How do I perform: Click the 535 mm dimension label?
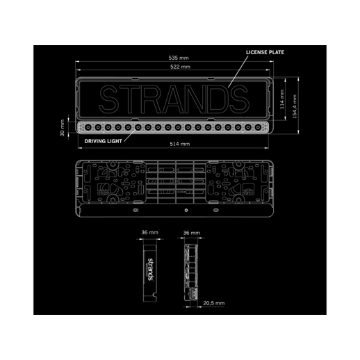tap(179, 58)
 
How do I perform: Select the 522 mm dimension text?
tap(180, 67)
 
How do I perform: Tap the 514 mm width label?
tap(180, 144)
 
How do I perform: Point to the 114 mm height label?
tap(282, 99)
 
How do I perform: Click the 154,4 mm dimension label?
tap(295, 106)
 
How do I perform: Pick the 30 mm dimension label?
tap(62, 128)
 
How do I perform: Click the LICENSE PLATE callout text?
tap(265, 52)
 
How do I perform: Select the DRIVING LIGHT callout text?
tap(103, 141)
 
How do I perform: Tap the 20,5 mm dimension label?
tap(214, 303)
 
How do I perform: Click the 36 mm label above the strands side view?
tap(149, 232)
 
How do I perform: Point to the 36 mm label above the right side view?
tap(191, 233)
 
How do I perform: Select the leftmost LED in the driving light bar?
tap(88, 127)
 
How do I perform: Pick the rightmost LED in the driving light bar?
tap(258, 127)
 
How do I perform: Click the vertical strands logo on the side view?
tap(150, 270)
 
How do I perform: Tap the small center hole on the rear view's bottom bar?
tap(186, 211)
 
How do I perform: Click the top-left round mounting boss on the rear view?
tap(113, 165)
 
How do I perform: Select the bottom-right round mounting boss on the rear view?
tap(238, 198)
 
